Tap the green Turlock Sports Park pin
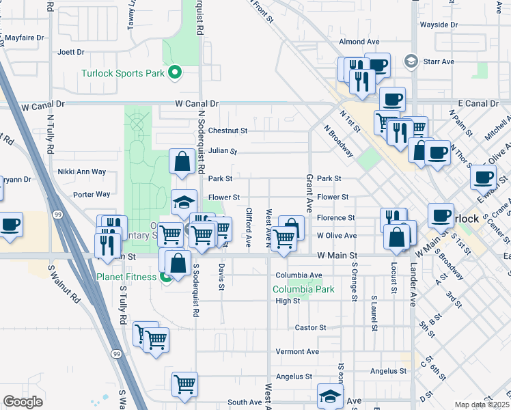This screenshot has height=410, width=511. (175, 72)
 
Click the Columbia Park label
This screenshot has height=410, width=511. (303, 289)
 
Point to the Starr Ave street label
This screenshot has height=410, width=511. (439, 61)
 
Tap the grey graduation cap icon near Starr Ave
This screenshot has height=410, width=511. (411, 61)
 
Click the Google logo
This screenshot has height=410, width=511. (23, 402)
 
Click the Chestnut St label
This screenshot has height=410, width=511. (227, 130)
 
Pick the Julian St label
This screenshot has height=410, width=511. (223, 150)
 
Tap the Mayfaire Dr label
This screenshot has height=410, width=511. (25, 38)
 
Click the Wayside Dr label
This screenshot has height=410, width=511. (439, 25)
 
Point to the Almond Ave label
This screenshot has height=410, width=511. (359, 42)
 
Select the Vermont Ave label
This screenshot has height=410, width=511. (297, 351)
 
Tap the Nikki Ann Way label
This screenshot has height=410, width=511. (82, 172)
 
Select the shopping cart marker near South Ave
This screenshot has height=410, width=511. (184, 385)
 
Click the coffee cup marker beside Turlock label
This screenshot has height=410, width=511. (441, 215)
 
